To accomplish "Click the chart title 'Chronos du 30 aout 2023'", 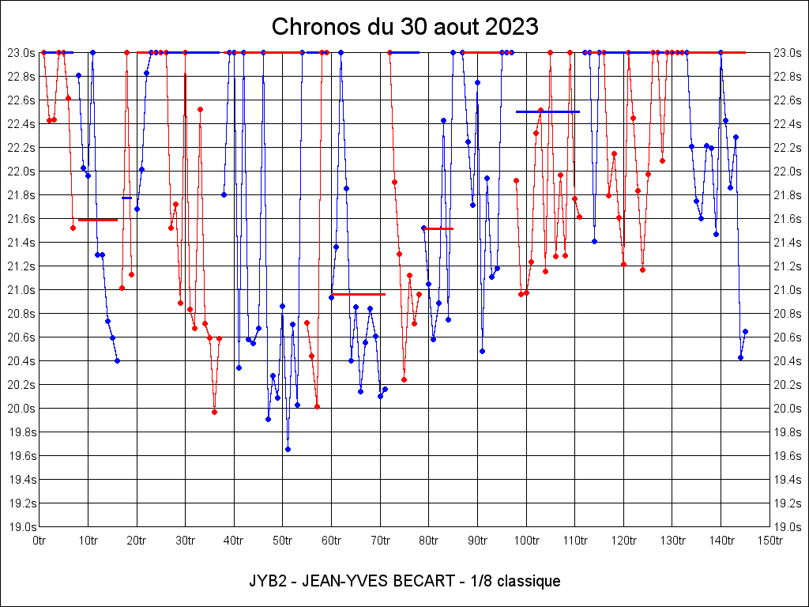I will (x=404, y=27).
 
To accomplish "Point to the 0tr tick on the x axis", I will (x=40, y=541).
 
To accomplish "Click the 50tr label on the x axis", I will (x=283, y=541).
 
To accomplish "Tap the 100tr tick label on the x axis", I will (x=526, y=541).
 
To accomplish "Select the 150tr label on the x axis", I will (x=769, y=541).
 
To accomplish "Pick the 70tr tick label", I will (x=380, y=541).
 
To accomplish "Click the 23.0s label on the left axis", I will (x=21, y=53).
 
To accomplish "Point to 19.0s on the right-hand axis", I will (x=788, y=527).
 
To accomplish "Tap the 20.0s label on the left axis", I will (x=21, y=409).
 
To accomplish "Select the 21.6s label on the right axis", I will (x=788, y=219).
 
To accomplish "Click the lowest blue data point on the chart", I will (x=288, y=449).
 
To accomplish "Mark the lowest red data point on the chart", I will (x=214, y=412).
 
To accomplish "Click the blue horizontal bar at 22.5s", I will (x=547, y=112).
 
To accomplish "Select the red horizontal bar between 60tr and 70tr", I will (x=358, y=294).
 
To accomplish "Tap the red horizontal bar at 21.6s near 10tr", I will (x=98, y=220).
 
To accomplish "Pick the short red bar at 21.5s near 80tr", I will (x=439, y=228).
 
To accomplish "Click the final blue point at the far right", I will (x=745, y=331).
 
